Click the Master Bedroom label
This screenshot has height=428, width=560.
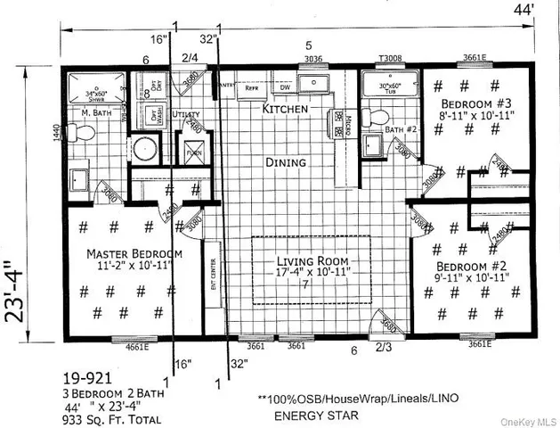[x=134, y=254]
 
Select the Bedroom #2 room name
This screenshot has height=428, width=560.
[x=472, y=266]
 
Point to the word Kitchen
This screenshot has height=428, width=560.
[x=285, y=108]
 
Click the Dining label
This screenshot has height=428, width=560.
[x=285, y=162]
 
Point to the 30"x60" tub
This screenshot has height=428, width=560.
[x=388, y=86]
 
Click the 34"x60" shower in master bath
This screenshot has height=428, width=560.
[x=100, y=86]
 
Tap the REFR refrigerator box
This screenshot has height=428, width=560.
[x=252, y=88]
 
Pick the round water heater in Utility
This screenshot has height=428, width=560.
[x=143, y=148]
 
